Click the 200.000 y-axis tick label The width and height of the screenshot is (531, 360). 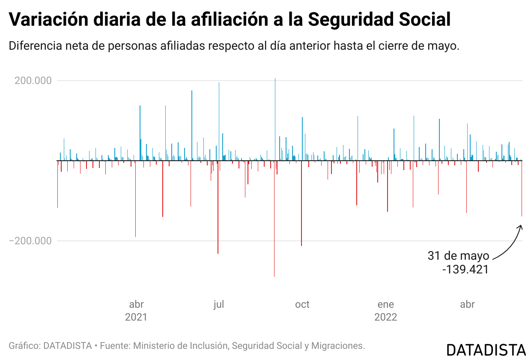[33, 81]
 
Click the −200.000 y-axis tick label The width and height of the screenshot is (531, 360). [30, 241]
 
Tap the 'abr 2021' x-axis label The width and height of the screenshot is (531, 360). [136, 311]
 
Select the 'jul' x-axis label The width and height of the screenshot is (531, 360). [218, 305]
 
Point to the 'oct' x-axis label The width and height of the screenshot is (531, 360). [302, 305]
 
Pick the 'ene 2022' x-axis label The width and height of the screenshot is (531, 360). [385, 311]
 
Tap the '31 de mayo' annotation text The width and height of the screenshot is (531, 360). [458, 256]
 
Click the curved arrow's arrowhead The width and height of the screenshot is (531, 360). [520, 226]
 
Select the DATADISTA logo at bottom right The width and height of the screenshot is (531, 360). [486, 349]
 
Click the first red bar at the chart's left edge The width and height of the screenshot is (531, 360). [57, 184]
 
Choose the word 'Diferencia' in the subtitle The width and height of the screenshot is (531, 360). [34, 46]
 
